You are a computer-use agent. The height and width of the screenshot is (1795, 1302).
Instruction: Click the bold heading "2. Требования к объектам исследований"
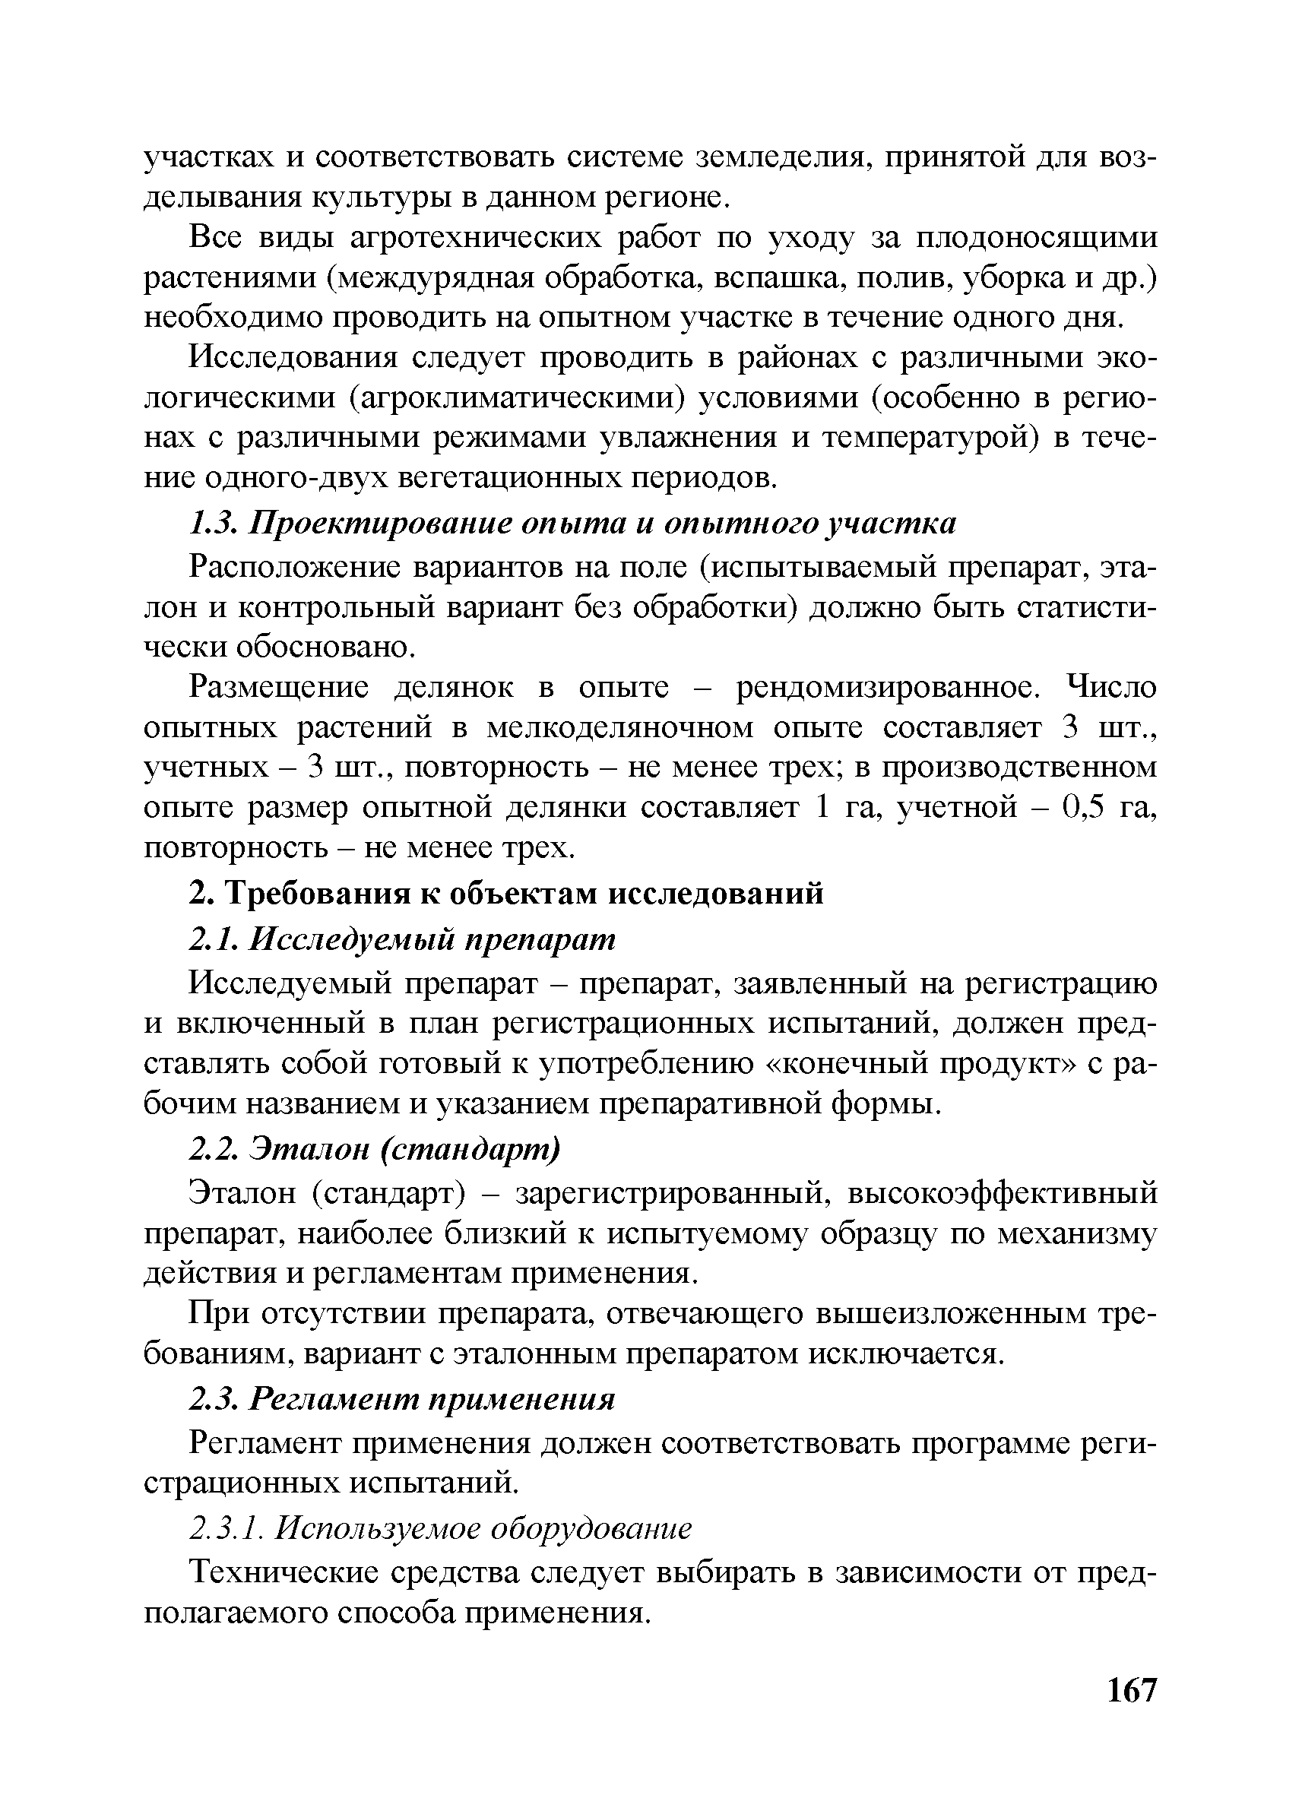pos(506,894)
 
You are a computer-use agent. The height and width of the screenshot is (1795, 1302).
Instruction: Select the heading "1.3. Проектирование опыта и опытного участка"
pos(573,523)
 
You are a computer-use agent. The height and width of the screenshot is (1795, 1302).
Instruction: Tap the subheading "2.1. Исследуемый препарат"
pos(402,939)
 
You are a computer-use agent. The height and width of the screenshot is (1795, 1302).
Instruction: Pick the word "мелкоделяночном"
pos(619,727)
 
